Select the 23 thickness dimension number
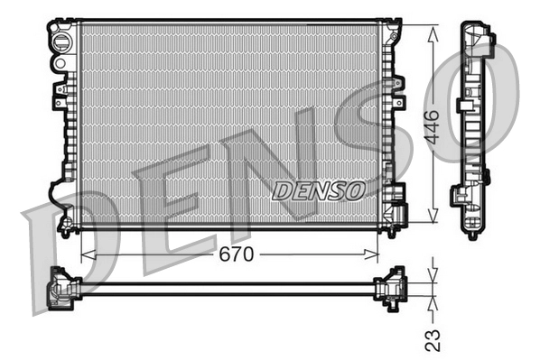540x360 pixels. coord(433,339)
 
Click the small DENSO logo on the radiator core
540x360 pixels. coord(318,190)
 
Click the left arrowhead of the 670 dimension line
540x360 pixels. coord(87,254)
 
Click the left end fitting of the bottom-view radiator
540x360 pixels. coord(63,286)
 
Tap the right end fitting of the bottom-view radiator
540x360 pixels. coord(392,287)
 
